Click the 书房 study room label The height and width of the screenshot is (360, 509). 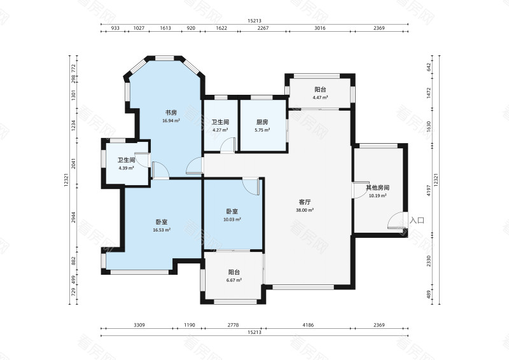coord(171,113)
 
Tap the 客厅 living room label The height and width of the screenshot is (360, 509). coord(305,202)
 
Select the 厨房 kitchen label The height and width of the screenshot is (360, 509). coord(262,122)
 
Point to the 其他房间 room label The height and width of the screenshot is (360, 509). coord(377,188)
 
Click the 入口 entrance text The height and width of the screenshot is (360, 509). coord(417,221)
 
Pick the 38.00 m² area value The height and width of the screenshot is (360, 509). coord(305,210)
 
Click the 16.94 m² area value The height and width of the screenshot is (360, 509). coord(171,121)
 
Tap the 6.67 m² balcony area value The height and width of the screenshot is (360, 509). coord(234,280)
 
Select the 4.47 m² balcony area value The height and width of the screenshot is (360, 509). coord(321,97)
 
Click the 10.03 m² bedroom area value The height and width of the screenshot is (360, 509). coord(232,219)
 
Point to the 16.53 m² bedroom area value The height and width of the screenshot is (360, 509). coord(162,230)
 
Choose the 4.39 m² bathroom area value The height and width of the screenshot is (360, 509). coord(126,168)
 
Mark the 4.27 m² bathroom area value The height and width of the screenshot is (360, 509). coord(220,130)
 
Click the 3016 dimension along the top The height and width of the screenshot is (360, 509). coord(320,28)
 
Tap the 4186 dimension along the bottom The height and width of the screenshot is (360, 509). coord(308,325)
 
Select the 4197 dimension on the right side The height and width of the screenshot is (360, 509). coord(429,191)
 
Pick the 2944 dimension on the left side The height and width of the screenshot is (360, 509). coord(73,218)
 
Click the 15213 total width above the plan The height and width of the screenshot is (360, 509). coord(254,21)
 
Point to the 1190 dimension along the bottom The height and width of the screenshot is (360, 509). coord(190,325)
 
